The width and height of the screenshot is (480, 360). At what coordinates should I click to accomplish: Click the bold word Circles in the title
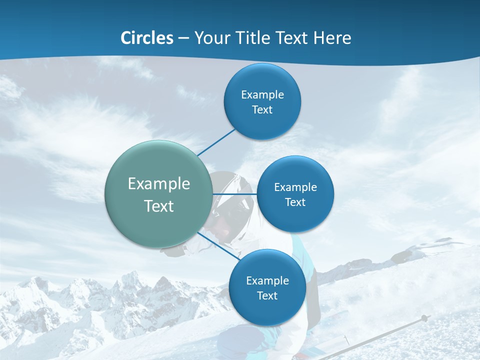(146, 38)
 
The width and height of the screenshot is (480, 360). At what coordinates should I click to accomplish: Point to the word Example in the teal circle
(159, 184)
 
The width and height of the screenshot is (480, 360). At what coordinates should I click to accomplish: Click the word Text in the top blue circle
(262, 110)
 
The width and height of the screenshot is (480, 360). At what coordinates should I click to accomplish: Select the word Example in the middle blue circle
(295, 187)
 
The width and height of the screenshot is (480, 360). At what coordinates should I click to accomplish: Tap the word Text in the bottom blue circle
(267, 296)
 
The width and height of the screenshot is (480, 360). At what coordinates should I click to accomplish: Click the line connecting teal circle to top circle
(216, 142)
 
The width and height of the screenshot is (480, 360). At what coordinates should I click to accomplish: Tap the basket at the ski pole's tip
(424, 318)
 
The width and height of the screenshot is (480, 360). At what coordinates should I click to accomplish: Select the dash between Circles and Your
(183, 38)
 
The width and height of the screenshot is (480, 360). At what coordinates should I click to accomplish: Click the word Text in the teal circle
(159, 206)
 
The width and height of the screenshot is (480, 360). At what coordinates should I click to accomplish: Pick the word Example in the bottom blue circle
(267, 281)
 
